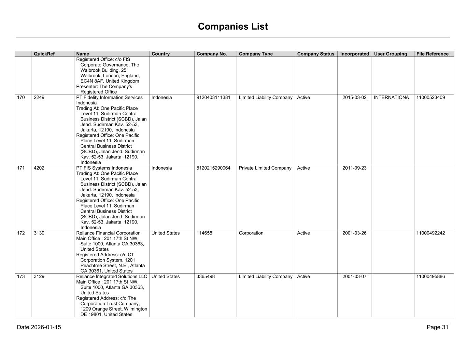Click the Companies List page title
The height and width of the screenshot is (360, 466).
(233, 27)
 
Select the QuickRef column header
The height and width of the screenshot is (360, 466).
(44, 54)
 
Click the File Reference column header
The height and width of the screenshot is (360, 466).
(432, 54)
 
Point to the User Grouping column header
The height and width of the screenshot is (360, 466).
(390, 54)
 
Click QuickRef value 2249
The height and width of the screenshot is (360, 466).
(39, 98)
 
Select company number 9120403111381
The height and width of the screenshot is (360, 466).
(213, 98)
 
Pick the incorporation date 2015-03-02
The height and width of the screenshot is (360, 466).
(354, 98)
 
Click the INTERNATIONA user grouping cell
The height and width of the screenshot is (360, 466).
(391, 98)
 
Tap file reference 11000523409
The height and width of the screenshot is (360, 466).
(430, 98)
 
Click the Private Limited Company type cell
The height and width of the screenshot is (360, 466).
(265, 168)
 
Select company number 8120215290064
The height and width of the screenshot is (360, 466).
(213, 168)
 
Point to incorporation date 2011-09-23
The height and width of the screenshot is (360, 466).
(354, 168)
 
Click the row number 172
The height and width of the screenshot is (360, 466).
(21, 233)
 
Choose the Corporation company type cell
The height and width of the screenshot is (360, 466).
(251, 233)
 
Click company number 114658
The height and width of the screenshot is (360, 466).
(204, 233)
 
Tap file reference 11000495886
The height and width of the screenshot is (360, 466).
(430, 277)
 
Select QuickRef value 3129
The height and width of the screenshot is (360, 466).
(39, 277)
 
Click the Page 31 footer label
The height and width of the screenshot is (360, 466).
(437, 328)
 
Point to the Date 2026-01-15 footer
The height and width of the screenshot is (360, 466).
(39, 328)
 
